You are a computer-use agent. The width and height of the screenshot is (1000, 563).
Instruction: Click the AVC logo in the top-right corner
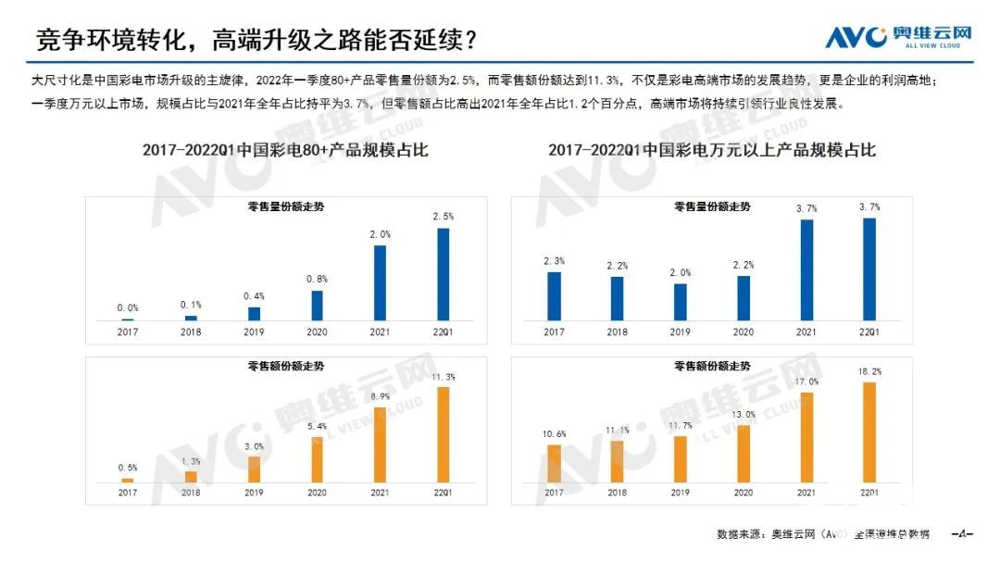coord(899,37)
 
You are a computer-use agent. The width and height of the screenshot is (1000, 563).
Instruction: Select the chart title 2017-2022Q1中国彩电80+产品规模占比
coord(285,150)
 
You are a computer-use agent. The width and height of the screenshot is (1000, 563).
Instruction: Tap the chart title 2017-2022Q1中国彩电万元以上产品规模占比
coord(711,150)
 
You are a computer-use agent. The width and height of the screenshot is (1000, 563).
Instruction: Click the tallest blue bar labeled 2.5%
coord(444,274)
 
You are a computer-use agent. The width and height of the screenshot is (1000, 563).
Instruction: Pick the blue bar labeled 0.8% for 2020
coord(317,306)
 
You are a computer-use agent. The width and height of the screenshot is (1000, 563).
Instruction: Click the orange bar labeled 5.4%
coord(317,459)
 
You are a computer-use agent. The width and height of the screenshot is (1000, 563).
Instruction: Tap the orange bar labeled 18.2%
coord(869,432)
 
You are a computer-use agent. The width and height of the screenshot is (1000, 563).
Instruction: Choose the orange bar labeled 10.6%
coord(554,463)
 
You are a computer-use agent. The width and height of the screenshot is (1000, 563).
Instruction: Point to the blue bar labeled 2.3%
coord(554,295)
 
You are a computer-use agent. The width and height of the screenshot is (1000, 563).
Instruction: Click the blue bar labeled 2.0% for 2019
coord(681,302)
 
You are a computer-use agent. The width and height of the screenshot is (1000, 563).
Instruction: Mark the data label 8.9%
coord(380,396)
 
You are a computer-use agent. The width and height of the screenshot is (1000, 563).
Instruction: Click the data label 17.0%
coord(806,382)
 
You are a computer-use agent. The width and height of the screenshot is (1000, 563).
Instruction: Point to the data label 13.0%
coord(744,415)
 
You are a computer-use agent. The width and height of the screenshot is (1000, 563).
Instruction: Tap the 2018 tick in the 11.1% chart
coord(617,493)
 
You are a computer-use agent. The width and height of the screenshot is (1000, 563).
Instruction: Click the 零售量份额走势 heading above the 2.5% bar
coord(285,207)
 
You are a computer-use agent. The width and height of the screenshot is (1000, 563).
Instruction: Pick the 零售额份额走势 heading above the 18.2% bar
coord(712,367)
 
